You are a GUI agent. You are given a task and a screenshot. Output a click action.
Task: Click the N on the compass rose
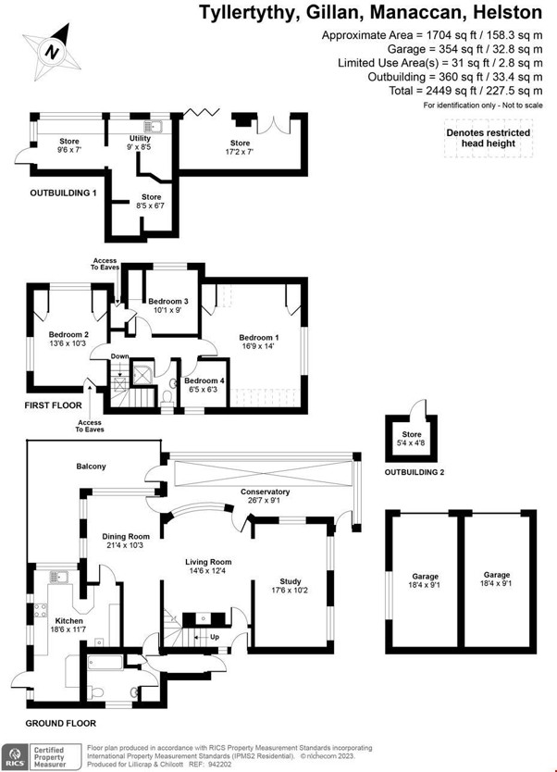pos(52,51)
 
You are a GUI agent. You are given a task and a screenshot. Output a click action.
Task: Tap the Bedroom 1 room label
pos(259,337)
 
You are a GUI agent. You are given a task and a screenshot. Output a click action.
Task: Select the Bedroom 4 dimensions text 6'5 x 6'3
pos(204,390)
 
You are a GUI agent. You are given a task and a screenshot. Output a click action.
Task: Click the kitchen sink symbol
pos(58,577)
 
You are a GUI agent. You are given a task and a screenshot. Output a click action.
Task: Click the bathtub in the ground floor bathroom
pos(105,663)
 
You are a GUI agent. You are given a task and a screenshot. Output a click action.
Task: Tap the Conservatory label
pos(265,492)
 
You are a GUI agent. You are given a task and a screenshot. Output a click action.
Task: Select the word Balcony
pos(91,466)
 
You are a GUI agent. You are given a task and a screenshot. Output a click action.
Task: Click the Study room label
pos(291,581)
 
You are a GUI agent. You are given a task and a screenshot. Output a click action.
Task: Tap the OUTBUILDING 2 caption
pos(415,472)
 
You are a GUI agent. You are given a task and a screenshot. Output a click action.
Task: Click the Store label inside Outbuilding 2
pos(412,434)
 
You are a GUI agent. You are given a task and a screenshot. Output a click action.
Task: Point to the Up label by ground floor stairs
pos(215,637)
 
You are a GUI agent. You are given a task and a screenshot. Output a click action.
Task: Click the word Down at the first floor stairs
pos(119,356)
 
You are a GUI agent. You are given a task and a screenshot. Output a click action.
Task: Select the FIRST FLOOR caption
pos(53,405)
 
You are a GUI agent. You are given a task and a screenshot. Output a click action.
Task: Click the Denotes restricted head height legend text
pos(489,138)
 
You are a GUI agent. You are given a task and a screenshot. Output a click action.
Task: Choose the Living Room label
pos(208,562)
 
